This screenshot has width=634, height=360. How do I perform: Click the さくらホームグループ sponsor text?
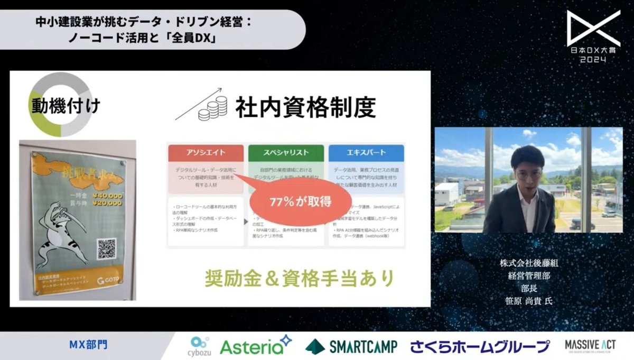click(x=480, y=347)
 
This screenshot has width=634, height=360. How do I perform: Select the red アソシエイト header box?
click(x=206, y=153)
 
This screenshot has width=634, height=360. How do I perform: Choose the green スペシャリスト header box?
click(x=286, y=153)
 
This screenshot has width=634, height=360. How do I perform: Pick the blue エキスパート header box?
click(x=366, y=153)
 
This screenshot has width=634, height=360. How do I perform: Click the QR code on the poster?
click(x=106, y=249)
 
